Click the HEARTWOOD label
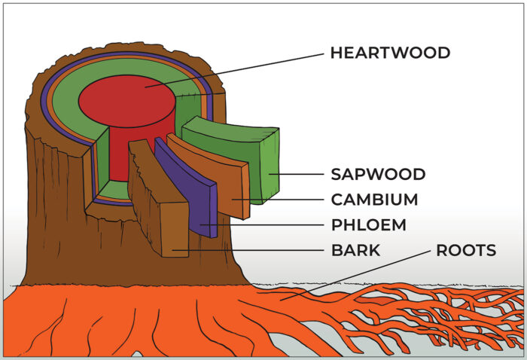[x=390, y=53]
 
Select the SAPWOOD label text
[x=378, y=175]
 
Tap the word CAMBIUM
[x=374, y=200]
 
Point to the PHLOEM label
[x=368, y=225]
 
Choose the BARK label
[x=355, y=250]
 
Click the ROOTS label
[x=466, y=250]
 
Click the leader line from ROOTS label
[x=354, y=273]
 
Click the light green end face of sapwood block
[x=270, y=166]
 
